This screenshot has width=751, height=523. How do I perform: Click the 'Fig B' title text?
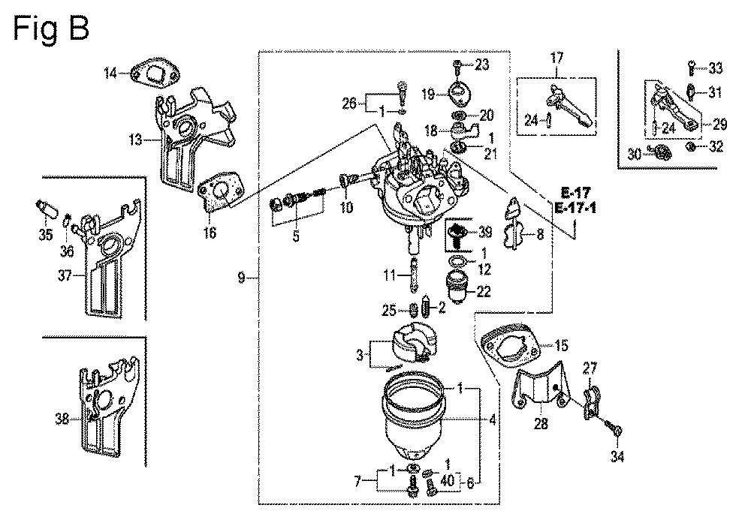coord(51,29)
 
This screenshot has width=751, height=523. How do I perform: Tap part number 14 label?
coord(110,74)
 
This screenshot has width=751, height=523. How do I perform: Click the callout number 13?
coord(135,140)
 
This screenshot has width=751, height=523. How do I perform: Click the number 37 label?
coord(65,275)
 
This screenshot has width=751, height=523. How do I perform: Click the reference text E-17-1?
coord(575,209)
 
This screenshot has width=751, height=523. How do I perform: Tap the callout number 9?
coord(241,277)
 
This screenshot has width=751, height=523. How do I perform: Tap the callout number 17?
coord(556,59)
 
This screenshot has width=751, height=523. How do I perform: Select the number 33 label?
coord(716,68)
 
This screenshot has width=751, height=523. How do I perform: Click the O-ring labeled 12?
coord(457,262)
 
